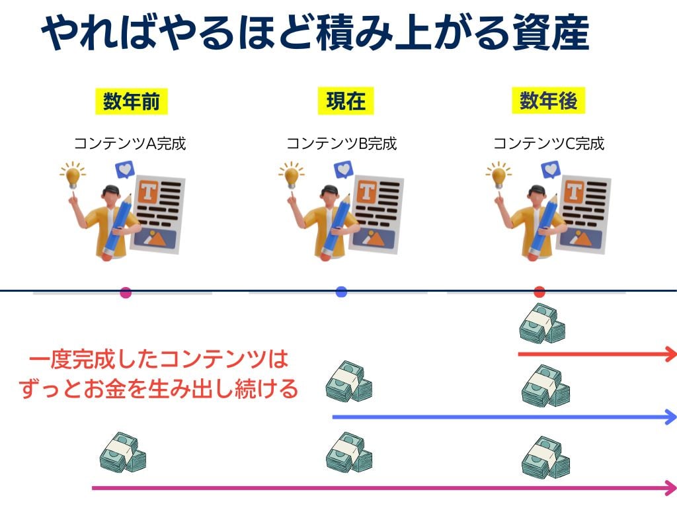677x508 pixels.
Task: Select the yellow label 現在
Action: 346,101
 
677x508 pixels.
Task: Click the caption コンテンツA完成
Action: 130,143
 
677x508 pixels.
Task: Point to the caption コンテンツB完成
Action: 341,143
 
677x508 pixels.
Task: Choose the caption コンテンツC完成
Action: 549,143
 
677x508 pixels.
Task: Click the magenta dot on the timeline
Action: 126,292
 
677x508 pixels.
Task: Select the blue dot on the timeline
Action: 341,292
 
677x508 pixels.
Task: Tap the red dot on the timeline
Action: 539,292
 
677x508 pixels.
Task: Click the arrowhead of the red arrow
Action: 670,355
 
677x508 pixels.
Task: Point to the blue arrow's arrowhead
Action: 670,417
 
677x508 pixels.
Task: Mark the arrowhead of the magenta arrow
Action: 670,488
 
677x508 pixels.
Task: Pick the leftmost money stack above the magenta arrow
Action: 123,452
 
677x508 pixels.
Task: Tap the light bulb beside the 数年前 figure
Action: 73,176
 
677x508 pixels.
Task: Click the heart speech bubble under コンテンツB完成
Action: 344,169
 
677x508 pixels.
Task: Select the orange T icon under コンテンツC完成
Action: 573,192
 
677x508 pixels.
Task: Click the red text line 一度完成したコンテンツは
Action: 159,360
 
